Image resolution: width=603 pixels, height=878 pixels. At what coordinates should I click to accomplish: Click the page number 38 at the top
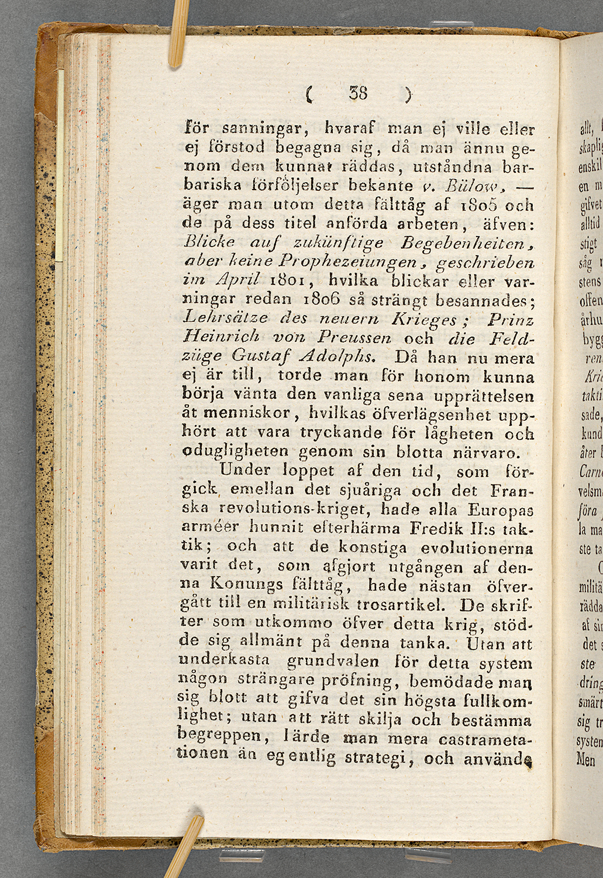click(358, 92)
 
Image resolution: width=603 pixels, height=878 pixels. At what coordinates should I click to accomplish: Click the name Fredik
click(436, 528)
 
